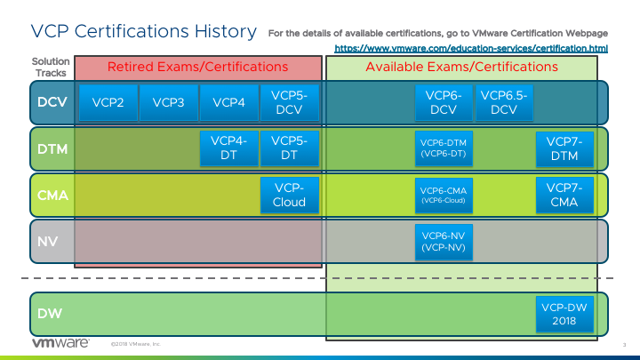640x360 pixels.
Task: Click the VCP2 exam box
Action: click(x=108, y=102)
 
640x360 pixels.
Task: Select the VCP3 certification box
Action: click(x=168, y=102)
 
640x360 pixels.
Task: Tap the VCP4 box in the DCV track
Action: click(x=228, y=102)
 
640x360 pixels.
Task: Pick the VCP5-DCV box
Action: click(x=289, y=102)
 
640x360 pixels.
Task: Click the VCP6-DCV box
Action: click(x=443, y=102)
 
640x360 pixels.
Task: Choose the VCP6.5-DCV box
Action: click(x=504, y=102)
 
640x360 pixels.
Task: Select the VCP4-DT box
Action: click(x=228, y=148)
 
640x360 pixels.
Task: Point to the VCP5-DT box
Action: click(x=289, y=148)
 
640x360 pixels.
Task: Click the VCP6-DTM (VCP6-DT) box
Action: click(x=443, y=148)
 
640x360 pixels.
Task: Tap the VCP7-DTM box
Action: click(x=564, y=148)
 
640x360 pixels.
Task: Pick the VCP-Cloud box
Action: click(x=289, y=195)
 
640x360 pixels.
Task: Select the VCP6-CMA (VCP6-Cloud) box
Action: click(x=443, y=195)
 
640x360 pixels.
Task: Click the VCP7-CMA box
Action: click(x=564, y=195)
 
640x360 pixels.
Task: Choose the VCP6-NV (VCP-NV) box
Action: click(x=443, y=241)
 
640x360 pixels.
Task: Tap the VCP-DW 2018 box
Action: click(x=564, y=313)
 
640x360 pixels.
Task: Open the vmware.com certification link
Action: click(x=471, y=46)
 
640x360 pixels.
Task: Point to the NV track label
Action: click(x=47, y=240)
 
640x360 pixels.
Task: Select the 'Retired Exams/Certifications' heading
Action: click(x=197, y=67)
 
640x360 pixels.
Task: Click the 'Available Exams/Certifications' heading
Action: click(x=461, y=67)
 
